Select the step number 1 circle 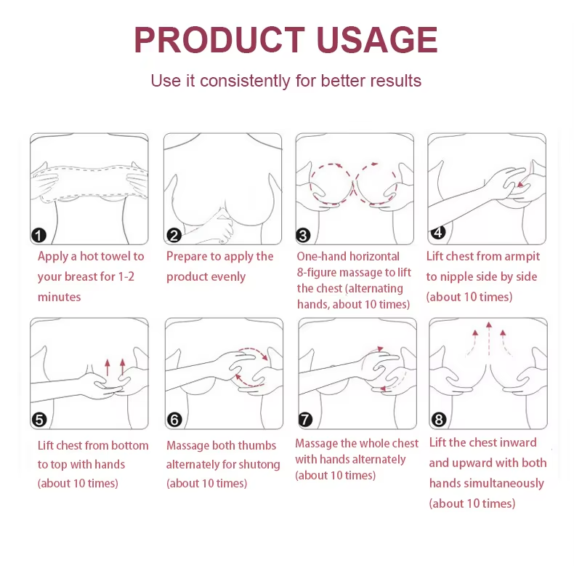[39, 234]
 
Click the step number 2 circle [174, 234]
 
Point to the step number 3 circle [304, 234]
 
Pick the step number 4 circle [437, 232]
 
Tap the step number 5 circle [39, 419]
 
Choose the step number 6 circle [174, 419]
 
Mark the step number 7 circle [306, 419]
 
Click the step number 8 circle [438, 419]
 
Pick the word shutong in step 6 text [258, 464]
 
